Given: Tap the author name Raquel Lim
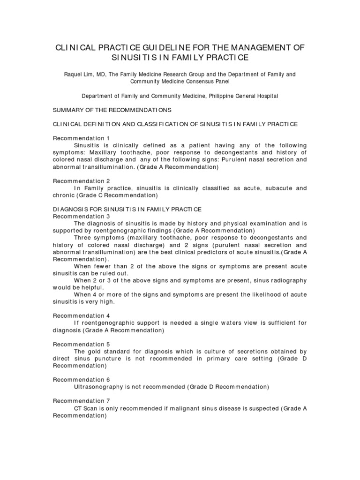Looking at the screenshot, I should coord(81,75).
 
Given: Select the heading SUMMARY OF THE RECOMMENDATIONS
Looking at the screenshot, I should coord(112,110).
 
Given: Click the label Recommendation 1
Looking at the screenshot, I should coord(81,138).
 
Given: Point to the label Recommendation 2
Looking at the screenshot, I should coord(81,181).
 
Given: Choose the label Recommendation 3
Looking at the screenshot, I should coord(81,217).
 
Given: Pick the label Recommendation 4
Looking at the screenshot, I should coord(81,316).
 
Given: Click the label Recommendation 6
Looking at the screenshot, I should coord(81,380).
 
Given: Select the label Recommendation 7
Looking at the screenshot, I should coord(81,401).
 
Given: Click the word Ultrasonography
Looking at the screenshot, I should coord(98,387).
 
